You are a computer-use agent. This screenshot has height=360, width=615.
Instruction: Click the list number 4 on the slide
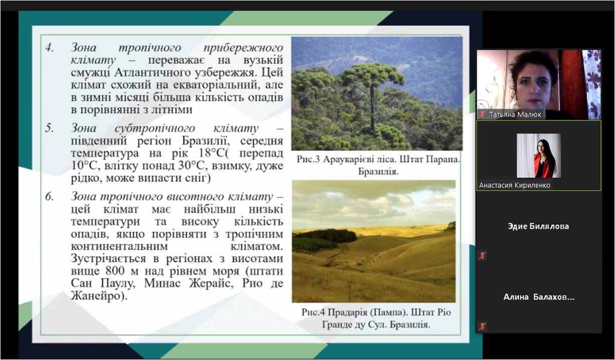50,48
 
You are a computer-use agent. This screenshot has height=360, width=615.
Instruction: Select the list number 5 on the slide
50,128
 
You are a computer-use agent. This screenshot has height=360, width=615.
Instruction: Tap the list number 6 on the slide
50,197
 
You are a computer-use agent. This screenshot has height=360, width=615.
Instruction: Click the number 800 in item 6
116,271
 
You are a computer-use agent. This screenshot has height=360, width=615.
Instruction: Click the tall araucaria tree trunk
372,107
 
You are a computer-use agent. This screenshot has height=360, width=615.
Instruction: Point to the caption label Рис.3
308,159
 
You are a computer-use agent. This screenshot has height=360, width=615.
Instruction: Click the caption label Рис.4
313,312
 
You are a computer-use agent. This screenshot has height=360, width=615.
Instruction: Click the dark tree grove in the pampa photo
325,236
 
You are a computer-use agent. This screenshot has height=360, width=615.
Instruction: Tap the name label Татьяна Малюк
515,114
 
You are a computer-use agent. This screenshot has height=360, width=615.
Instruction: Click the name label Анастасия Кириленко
515,186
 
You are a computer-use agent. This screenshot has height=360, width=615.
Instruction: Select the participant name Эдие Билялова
538,226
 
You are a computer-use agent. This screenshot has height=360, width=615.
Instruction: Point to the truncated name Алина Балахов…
539,297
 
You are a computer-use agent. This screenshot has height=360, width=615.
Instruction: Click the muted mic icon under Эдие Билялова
482,256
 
